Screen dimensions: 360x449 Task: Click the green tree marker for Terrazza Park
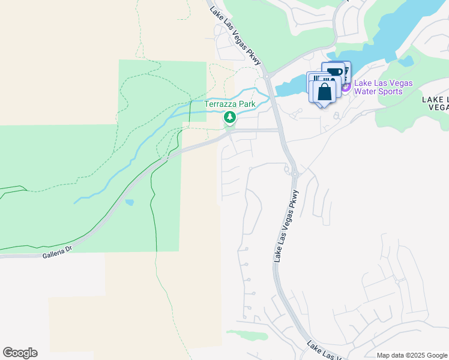click(x=229, y=117)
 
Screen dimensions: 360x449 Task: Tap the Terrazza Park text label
click(x=230, y=104)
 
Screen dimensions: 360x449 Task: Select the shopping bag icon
click(x=324, y=92)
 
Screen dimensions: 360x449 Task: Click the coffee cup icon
click(x=334, y=73)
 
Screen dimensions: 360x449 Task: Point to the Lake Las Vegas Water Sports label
click(x=383, y=88)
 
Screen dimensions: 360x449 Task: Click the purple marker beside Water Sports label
click(x=346, y=88)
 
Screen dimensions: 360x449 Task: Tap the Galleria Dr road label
click(x=57, y=254)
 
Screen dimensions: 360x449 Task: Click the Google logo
click(x=20, y=353)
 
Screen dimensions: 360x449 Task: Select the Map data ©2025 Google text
click(x=411, y=355)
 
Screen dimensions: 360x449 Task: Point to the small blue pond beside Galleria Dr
click(x=130, y=202)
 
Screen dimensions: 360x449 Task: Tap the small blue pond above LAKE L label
click(x=406, y=61)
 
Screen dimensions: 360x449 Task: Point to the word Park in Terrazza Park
click(x=246, y=104)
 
